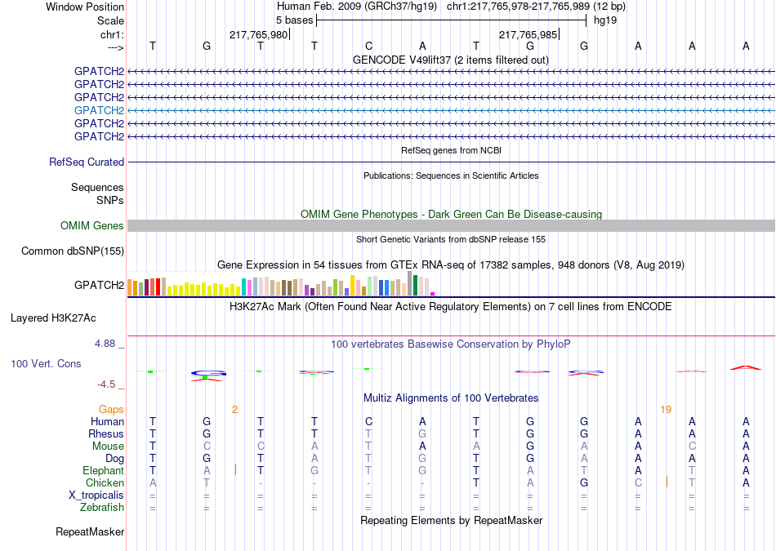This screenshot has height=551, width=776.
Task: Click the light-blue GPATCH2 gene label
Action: (99, 110)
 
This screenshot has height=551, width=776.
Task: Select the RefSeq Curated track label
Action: (87, 162)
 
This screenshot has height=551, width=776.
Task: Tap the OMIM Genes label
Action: (92, 225)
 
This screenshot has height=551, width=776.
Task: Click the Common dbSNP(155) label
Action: (73, 251)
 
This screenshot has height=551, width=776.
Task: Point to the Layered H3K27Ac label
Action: (53, 318)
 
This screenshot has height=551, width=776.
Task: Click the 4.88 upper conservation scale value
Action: (105, 344)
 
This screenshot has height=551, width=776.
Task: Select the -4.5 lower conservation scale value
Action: (106, 384)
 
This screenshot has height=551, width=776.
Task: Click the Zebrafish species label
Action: (102, 508)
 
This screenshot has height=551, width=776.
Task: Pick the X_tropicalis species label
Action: (96, 495)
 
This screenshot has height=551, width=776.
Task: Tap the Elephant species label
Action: (104, 470)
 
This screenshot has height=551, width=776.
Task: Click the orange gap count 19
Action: (666, 410)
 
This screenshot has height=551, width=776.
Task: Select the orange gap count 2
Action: (234, 410)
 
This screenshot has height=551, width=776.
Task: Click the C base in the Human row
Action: (368, 421)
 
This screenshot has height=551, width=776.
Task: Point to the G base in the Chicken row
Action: (584, 482)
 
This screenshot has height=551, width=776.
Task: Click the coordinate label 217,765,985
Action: (528, 34)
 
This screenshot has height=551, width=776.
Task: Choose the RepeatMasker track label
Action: (90, 532)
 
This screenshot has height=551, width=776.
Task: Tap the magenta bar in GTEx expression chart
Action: (433, 294)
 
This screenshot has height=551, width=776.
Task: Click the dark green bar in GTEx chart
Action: (415, 286)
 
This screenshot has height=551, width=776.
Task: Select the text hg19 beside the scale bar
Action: (605, 20)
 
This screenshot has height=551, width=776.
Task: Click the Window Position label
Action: (85, 7)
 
